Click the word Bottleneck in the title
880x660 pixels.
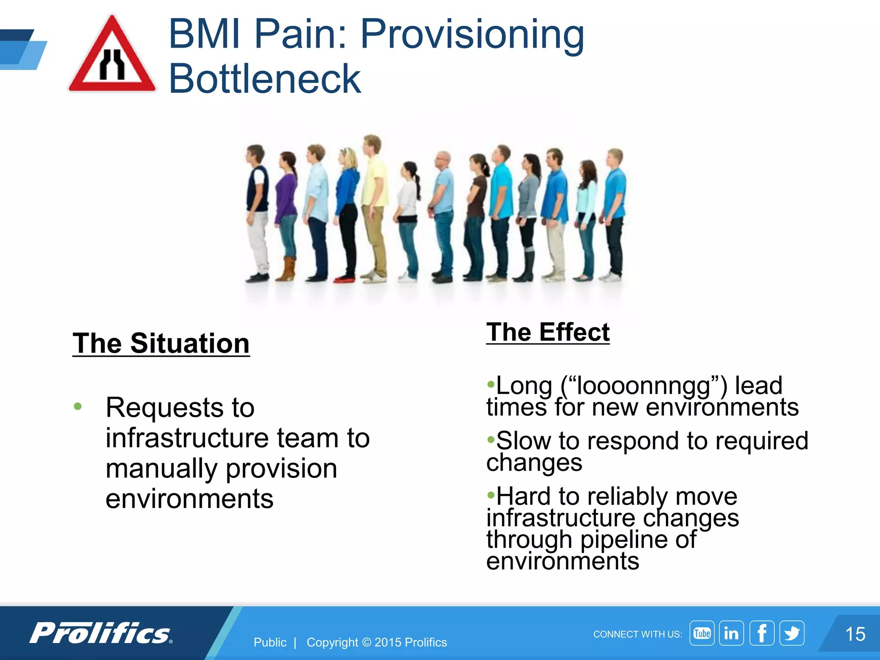(x=265, y=79)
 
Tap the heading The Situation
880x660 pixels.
(x=161, y=343)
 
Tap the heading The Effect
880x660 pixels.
(x=548, y=332)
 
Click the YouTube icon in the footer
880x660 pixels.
(x=702, y=633)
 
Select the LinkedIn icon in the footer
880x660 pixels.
(x=731, y=633)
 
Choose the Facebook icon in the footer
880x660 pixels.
(x=761, y=633)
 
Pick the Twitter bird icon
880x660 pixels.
(x=791, y=633)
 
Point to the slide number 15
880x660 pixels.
(x=855, y=634)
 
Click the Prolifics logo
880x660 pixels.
(x=101, y=633)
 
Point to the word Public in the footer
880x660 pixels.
(x=270, y=642)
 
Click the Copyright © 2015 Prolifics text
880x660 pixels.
(x=376, y=642)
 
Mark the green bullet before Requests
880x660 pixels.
(x=78, y=406)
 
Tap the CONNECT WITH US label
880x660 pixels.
(x=637, y=634)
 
